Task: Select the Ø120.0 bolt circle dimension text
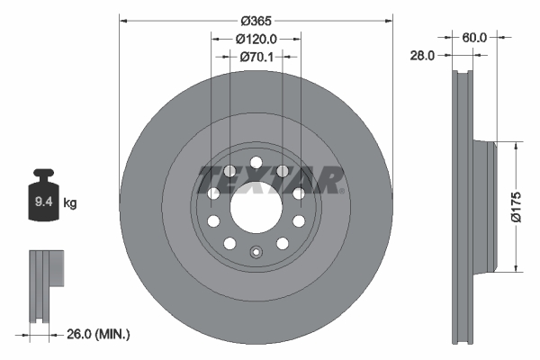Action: coord(256,39)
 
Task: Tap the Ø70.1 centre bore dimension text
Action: coord(256,57)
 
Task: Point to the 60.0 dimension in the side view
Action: coord(474,37)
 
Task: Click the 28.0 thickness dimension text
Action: coord(422,55)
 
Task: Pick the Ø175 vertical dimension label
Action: coord(516,205)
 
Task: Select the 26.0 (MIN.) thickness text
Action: coord(99,334)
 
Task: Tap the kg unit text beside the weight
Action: coord(70,203)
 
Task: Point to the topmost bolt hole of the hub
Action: coord(256,163)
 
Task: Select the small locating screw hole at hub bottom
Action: coord(256,253)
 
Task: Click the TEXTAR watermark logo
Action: coord(270,179)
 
